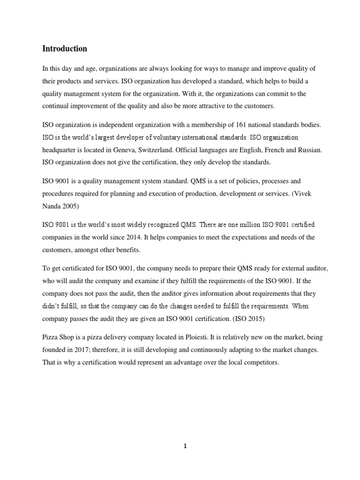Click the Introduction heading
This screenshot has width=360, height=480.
coord(65,49)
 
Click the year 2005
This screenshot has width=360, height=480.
coord(69,205)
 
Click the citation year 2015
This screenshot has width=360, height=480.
coord(258,318)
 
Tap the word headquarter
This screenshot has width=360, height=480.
coord(62,150)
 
